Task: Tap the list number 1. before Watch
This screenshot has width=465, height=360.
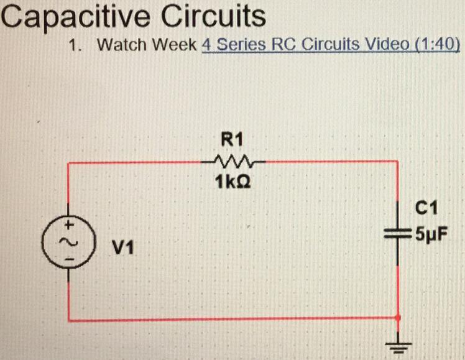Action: click(x=75, y=45)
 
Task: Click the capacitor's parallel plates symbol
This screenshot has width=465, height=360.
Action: click(x=398, y=234)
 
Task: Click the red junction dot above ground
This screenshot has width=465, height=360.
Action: click(x=398, y=318)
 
